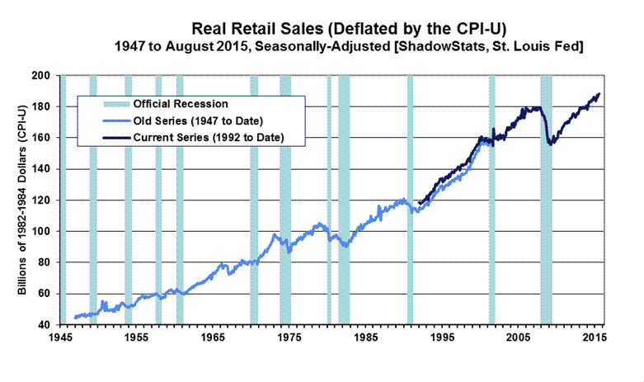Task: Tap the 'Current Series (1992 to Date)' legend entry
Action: (x=203, y=137)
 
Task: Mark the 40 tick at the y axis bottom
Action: (x=47, y=325)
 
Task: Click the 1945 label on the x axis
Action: (x=59, y=338)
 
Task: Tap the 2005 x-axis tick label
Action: (x=518, y=338)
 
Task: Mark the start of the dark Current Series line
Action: (x=420, y=203)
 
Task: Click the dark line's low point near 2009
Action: (x=549, y=144)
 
